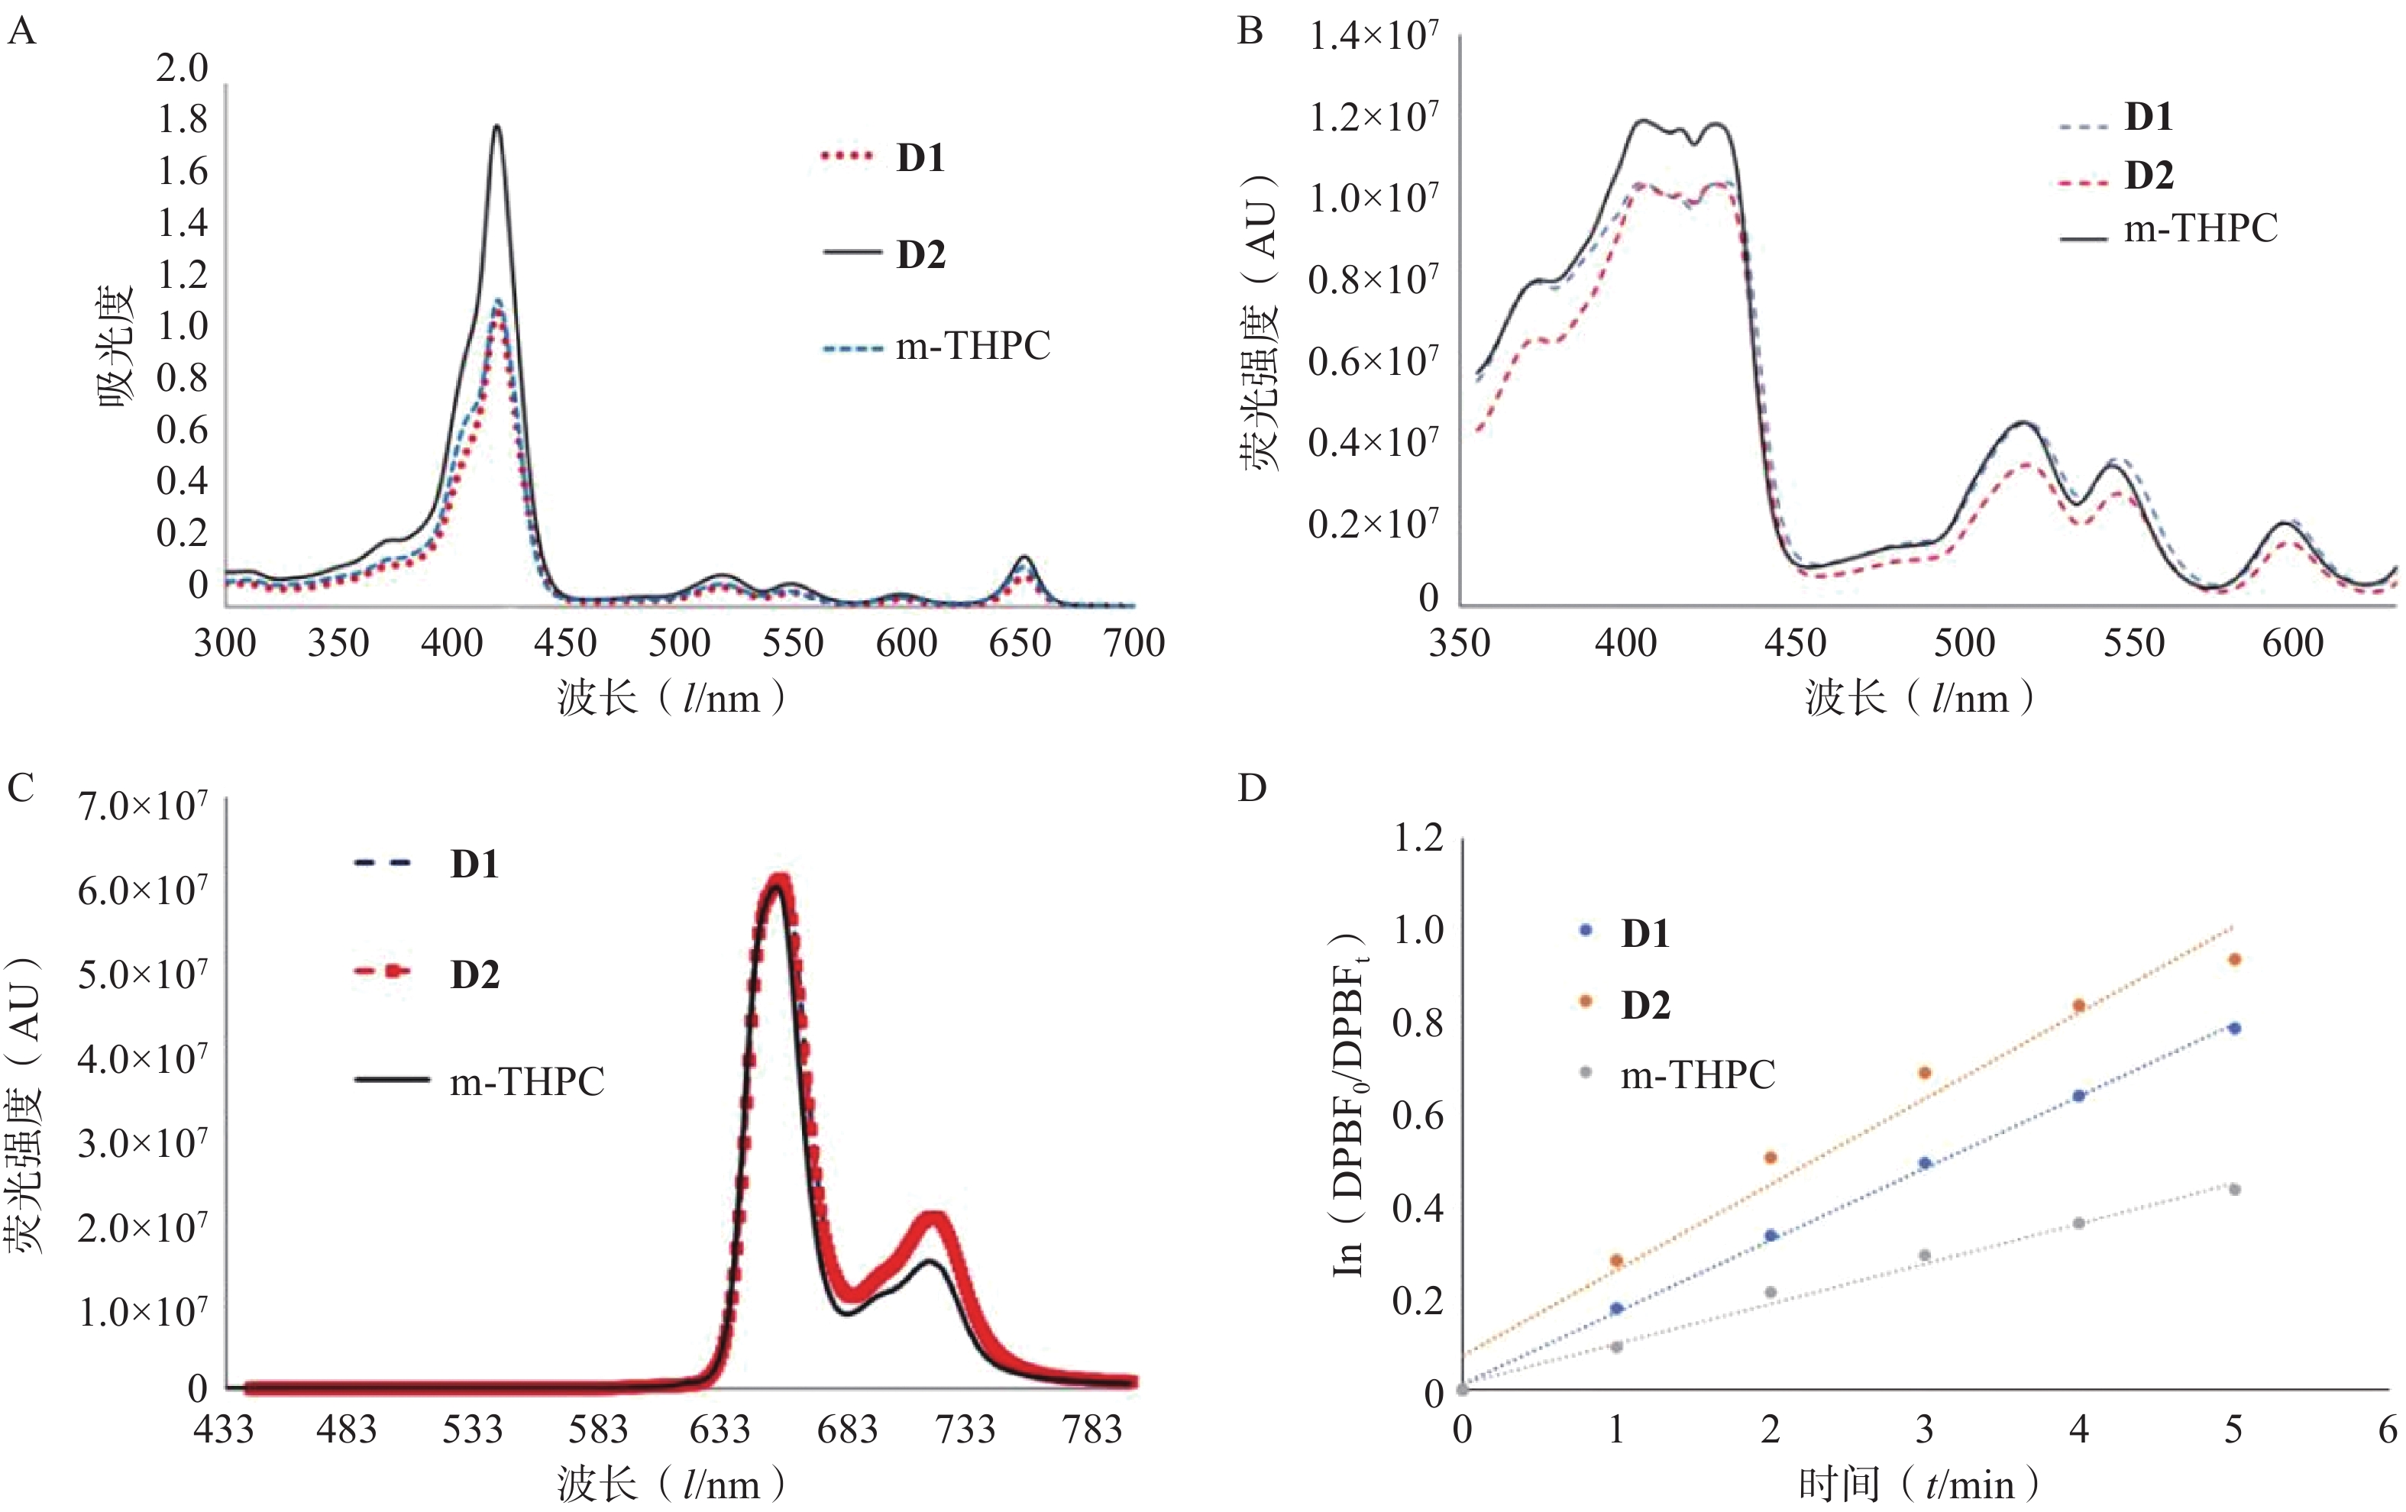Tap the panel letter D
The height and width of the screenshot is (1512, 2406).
1251,788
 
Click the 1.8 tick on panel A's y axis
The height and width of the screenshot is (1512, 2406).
182,120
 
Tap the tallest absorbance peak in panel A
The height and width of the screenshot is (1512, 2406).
496,127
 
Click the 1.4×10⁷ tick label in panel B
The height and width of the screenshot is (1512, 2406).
1373,38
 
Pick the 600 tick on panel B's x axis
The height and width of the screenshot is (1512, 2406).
2292,642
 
